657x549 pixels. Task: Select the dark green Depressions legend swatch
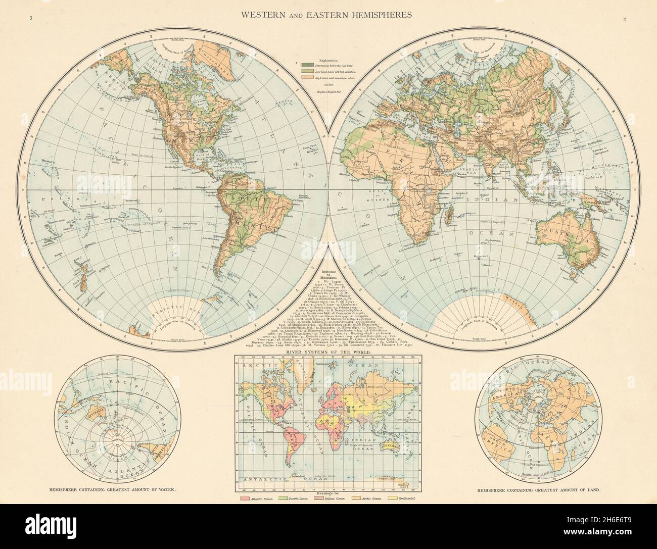pos(307,64)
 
